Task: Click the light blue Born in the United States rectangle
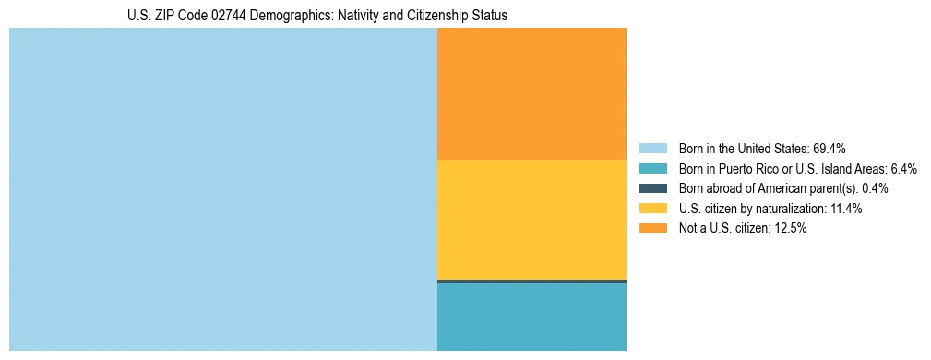tap(222, 189)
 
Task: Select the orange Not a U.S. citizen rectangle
tap(531, 93)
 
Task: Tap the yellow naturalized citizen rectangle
tap(531, 219)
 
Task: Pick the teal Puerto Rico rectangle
tap(531, 317)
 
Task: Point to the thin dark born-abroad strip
tap(531, 281)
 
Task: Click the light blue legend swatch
tap(653, 149)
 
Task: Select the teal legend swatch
tap(653, 169)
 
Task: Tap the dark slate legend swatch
tap(653, 188)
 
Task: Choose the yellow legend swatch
tap(653, 209)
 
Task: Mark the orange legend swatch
tap(653, 229)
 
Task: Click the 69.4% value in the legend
tap(830, 149)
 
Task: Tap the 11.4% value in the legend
tap(845, 209)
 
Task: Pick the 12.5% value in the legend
tap(790, 229)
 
